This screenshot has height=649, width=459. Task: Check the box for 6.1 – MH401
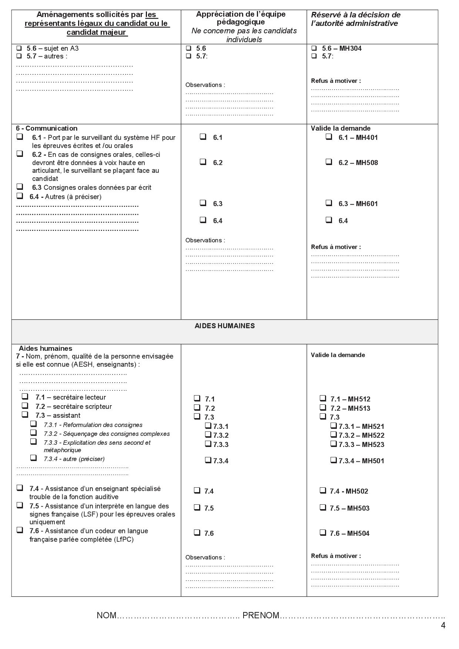(x=329, y=137)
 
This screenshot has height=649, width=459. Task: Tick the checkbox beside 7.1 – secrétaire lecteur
(x=25, y=396)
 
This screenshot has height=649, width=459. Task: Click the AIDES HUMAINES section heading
(x=224, y=326)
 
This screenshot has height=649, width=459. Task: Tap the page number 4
(x=443, y=626)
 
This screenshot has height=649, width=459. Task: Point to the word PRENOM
(x=261, y=615)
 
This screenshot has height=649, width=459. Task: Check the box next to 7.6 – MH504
(x=323, y=532)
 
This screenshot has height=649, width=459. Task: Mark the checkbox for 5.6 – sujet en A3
(x=19, y=48)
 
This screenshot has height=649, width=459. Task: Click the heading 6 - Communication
(x=47, y=128)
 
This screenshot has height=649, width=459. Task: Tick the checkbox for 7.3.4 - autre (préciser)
(x=34, y=458)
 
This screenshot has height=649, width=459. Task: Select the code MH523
(x=373, y=445)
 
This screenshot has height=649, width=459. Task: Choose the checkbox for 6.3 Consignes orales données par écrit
(x=20, y=186)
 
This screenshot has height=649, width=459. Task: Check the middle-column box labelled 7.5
(x=197, y=507)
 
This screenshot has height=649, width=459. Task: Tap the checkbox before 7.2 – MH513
(x=323, y=407)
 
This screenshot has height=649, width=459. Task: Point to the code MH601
(x=367, y=204)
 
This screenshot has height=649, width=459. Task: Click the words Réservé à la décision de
(x=355, y=15)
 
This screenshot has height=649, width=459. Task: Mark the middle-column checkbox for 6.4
(x=203, y=220)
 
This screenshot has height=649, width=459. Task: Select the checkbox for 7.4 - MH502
(x=323, y=490)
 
